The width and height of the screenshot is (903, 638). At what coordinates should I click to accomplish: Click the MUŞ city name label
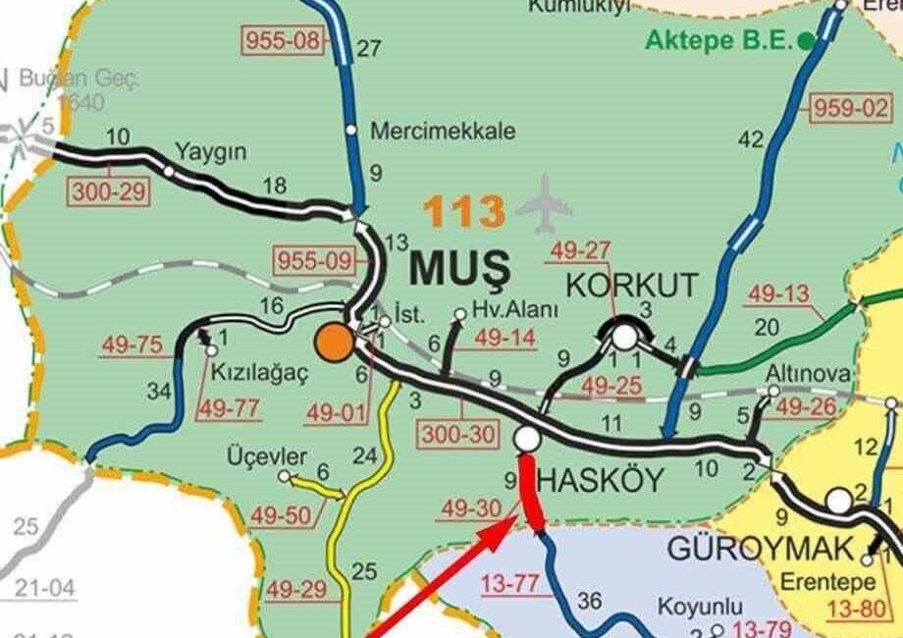[460, 266]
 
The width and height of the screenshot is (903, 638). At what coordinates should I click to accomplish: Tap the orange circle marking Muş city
[334, 343]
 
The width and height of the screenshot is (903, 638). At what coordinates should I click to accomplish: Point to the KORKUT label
[633, 287]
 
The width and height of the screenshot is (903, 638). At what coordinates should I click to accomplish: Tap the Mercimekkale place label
[443, 131]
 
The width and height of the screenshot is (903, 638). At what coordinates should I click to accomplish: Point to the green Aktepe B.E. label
[719, 40]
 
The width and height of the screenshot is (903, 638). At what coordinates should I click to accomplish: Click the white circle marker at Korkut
[624, 338]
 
